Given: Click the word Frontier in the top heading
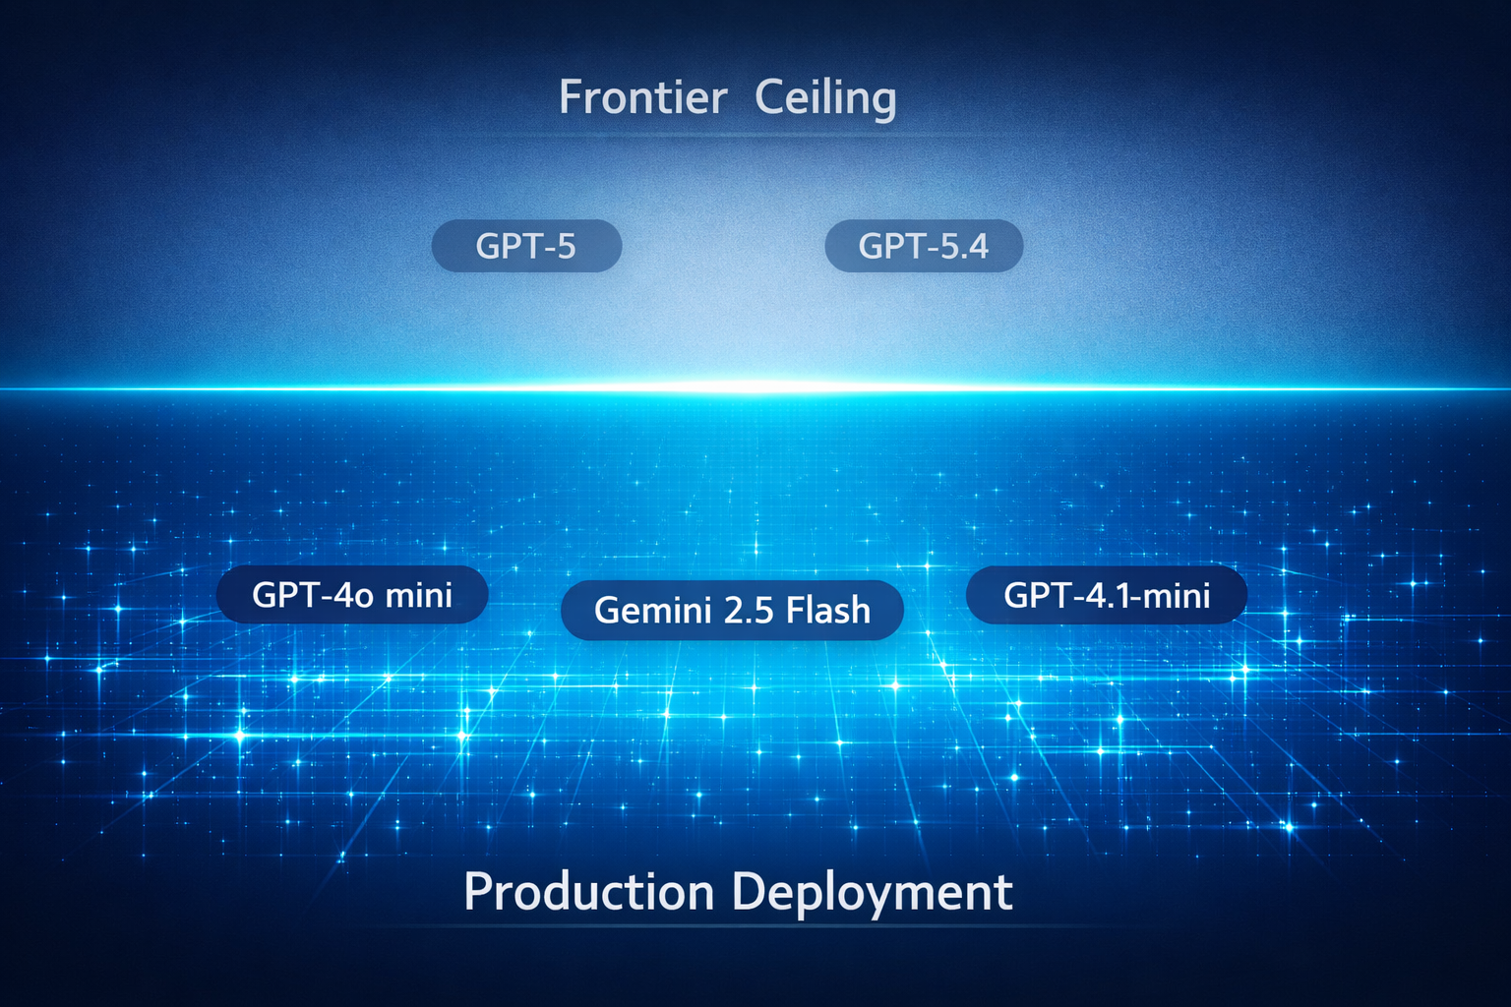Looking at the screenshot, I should click(643, 97).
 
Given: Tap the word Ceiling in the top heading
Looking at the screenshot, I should click(825, 97).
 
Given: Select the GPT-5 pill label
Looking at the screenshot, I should click(526, 246).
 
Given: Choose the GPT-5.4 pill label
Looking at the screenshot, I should click(924, 246).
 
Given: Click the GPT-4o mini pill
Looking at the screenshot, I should click(352, 595).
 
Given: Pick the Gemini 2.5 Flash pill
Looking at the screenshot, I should click(732, 611).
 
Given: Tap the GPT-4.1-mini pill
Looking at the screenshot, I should click(1107, 595).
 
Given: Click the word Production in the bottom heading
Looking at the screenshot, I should click(588, 893).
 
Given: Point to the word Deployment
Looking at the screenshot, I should click(873, 893).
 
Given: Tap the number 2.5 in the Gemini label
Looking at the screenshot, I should click(748, 611).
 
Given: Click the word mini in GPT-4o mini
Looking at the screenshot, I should click(419, 595).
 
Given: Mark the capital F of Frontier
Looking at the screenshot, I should click(570, 97).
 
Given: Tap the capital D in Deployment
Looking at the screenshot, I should click(748, 893).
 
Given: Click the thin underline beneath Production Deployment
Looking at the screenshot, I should click(738, 926).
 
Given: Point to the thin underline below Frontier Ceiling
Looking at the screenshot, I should click(728, 135).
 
